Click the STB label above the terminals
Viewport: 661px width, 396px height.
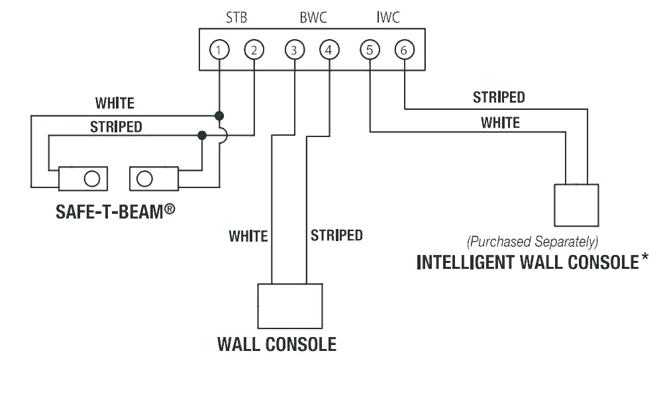coord(236,18)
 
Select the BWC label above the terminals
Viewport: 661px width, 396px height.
coord(313,18)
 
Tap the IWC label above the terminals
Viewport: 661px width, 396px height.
coord(388,18)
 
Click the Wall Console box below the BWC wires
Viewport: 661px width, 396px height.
coord(289,306)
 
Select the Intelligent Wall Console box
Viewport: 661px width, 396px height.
coord(576,205)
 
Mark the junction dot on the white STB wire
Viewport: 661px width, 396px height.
coord(219,116)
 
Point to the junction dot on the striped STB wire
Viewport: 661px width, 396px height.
coord(202,135)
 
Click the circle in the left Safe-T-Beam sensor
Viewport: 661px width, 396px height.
coord(92,178)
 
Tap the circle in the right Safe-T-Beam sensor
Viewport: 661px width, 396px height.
coord(144,178)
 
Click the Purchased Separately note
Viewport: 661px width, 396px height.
coord(533,241)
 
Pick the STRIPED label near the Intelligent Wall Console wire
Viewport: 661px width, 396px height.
coord(499,97)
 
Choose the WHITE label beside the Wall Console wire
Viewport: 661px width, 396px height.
coord(248,236)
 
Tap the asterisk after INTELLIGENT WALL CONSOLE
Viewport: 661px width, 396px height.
coord(644,258)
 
